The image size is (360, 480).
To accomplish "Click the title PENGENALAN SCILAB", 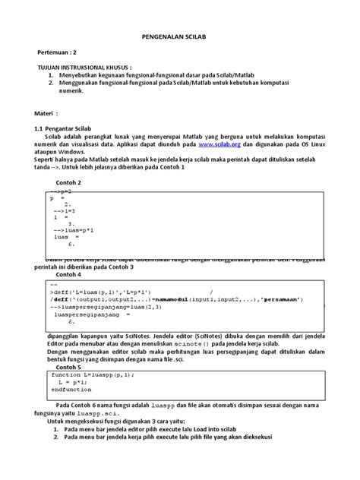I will (179, 36).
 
